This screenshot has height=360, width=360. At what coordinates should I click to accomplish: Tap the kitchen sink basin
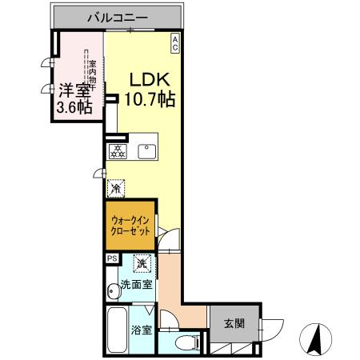[148, 150]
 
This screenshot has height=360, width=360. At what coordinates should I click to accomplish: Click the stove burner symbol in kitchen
[117, 150]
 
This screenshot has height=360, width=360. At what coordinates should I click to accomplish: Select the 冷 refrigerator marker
[115, 189]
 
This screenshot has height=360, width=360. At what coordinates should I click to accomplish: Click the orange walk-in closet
[130, 224]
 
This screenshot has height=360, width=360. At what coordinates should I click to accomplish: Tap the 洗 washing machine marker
[142, 262]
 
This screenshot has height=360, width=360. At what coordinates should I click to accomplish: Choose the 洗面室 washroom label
[136, 286]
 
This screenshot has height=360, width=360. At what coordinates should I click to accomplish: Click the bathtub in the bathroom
[116, 330]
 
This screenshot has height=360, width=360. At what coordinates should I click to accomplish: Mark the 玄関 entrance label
[234, 324]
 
